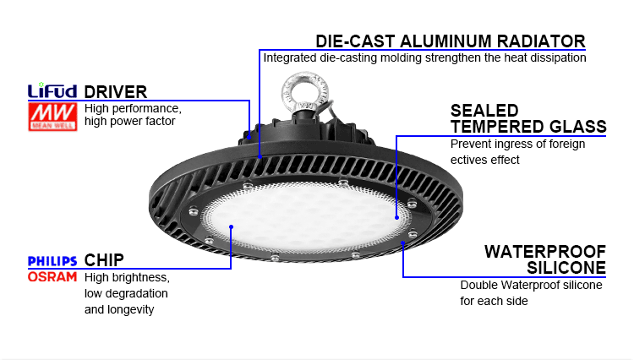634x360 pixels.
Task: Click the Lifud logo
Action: point(52,90)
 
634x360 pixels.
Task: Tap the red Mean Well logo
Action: point(52,115)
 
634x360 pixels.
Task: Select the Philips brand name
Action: point(52,261)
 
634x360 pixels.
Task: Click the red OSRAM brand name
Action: point(52,276)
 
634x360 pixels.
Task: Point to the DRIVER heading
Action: point(116,91)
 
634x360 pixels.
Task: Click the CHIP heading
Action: point(105,260)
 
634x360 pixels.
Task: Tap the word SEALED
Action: point(484,111)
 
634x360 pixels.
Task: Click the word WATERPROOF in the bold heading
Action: point(545,252)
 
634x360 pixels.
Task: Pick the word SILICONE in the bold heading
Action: point(566,268)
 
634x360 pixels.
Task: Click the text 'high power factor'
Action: point(129,122)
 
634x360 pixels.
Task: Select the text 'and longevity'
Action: point(119,309)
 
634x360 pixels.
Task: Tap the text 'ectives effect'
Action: point(486,160)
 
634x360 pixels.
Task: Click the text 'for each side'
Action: point(494,301)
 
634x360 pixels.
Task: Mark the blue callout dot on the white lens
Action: point(396,216)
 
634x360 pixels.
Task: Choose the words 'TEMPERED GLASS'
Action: point(527,127)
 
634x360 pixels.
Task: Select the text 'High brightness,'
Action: point(127,277)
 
